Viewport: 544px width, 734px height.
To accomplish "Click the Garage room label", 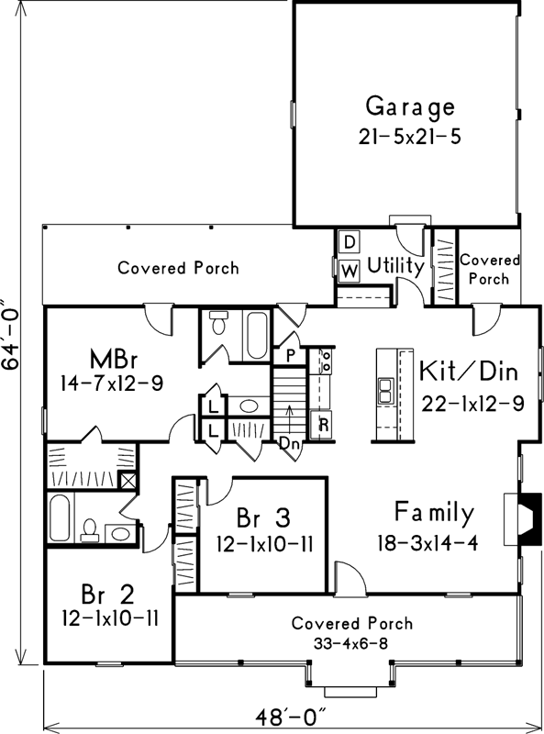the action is (x=410, y=106).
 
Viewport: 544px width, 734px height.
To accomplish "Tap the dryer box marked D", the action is (x=349, y=242).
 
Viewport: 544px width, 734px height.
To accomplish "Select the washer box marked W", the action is (x=350, y=271).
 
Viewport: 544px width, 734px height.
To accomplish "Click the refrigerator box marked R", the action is (x=322, y=425).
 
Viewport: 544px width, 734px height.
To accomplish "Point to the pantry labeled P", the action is (x=290, y=356).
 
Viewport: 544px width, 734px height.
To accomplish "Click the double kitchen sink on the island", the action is (x=385, y=391).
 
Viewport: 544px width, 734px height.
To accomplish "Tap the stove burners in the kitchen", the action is (x=326, y=360).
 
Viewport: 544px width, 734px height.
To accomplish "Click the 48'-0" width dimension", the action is (x=290, y=717).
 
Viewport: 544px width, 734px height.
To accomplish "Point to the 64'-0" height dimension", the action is (x=10, y=335).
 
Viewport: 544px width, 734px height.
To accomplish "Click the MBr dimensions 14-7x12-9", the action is (x=112, y=384).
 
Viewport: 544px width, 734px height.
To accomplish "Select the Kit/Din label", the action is (x=469, y=371).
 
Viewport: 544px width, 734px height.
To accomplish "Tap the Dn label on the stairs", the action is (x=289, y=443).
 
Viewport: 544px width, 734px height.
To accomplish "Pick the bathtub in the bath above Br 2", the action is (x=60, y=517).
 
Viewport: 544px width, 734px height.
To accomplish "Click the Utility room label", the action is (x=395, y=266).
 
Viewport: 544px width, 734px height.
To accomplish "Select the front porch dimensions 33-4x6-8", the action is (x=350, y=644).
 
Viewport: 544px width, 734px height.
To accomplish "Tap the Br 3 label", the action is (x=263, y=517).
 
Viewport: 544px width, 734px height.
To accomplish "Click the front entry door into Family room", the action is (x=350, y=579).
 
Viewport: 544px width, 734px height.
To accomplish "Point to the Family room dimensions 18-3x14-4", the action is (x=427, y=543).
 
